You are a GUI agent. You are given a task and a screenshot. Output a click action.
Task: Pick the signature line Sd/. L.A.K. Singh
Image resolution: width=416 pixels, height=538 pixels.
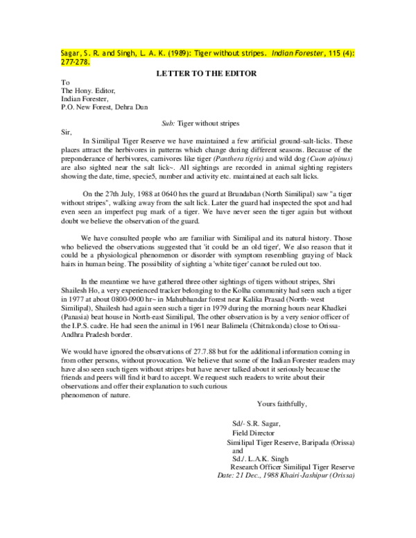pos(263,458)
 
